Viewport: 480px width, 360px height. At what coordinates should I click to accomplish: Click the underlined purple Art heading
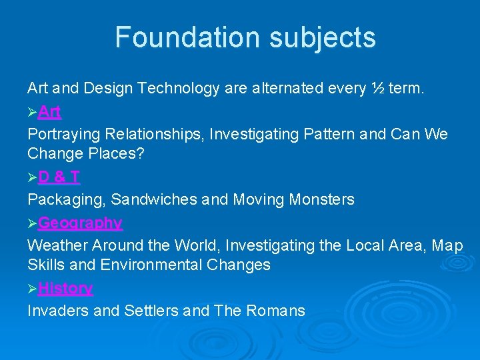click(x=50, y=111)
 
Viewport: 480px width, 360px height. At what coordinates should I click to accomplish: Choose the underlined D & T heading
click(x=59, y=177)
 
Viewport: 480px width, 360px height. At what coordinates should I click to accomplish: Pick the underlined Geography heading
click(x=80, y=223)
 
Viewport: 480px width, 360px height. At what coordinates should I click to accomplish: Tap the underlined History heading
click(x=65, y=288)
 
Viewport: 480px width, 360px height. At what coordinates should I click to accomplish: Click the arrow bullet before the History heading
click(x=32, y=289)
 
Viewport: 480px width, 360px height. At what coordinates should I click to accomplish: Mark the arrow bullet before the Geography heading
click(x=32, y=223)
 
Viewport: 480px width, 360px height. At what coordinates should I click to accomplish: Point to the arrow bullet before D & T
click(x=32, y=177)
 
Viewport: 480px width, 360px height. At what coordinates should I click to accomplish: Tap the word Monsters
click(x=322, y=199)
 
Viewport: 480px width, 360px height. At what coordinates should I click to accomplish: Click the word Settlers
click(x=151, y=311)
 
